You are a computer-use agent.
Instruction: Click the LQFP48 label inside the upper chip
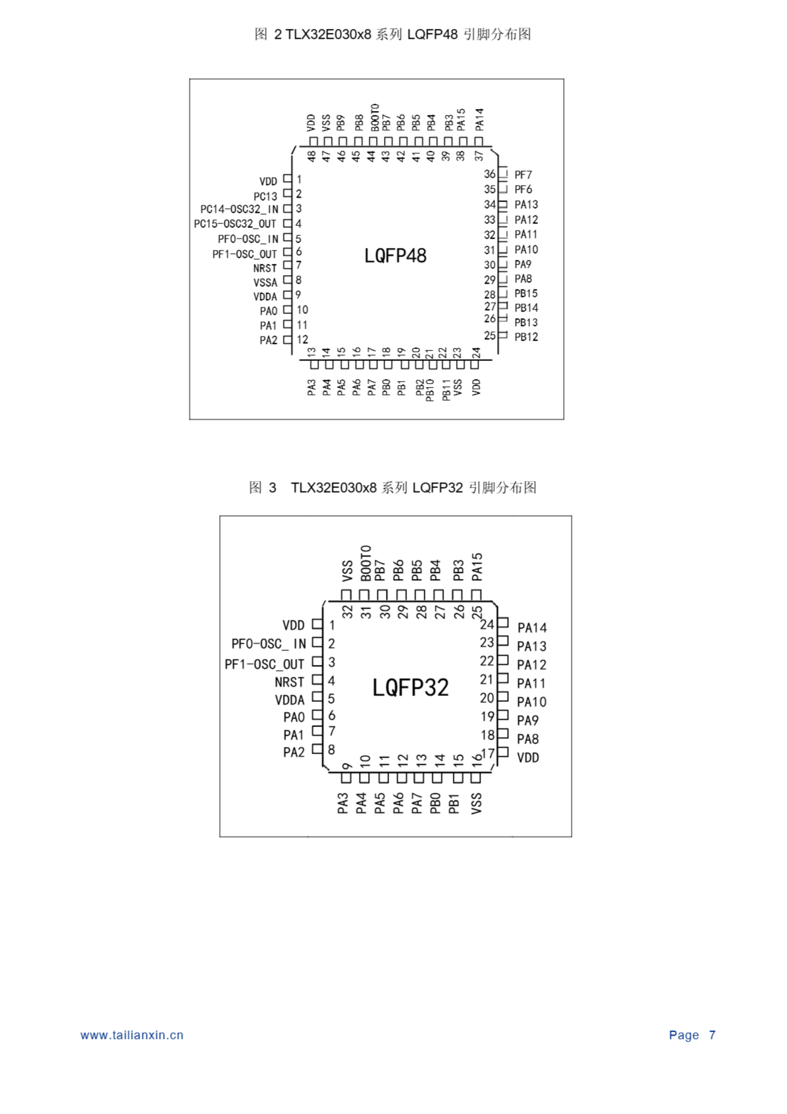tap(395, 256)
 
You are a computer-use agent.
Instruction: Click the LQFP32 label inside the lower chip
tap(410, 688)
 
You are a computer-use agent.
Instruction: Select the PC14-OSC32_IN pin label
tap(239, 209)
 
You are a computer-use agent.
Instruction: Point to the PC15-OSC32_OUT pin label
tap(235, 224)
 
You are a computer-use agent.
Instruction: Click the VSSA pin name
tap(265, 282)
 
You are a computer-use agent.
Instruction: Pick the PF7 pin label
tap(523, 174)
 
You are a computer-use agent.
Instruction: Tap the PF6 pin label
tap(523, 189)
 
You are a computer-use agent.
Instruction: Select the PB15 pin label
tap(526, 294)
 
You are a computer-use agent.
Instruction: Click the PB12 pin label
tap(526, 337)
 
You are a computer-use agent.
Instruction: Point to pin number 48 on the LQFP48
tap(312, 156)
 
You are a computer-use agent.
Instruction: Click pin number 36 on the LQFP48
tap(489, 174)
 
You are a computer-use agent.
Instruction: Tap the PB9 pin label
tap(341, 123)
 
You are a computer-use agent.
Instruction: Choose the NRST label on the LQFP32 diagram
tap(289, 682)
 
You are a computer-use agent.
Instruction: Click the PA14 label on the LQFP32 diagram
tap(531, 628)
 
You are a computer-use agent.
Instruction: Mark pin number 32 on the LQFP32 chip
tap(347, 612)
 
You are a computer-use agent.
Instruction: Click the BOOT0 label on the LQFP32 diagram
tap(366, 563)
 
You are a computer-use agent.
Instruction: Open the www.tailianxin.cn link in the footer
tap(132, 1035)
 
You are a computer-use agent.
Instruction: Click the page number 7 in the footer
tap(712, 1035)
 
